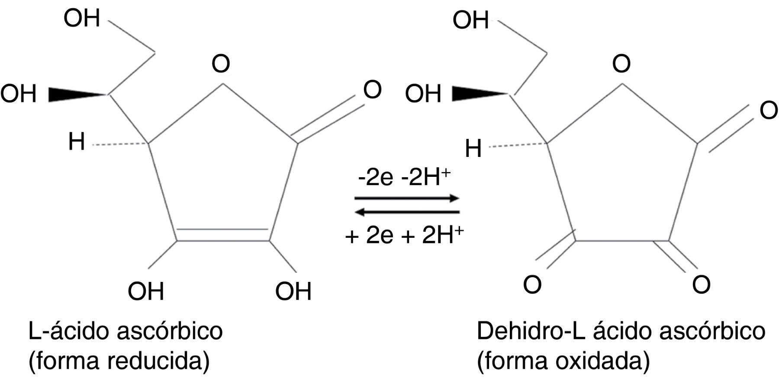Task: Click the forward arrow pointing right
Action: pyautogui.click(x=407, y=198)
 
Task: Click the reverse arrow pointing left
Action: pyautogui.click(x=407, y=212)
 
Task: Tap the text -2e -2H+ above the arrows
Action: pyautogui.click(x=404, y=178)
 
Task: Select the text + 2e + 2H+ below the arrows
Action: pyautogui.click(x=404, y=236)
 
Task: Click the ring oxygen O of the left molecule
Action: pyautogui.click(x=221, y=64)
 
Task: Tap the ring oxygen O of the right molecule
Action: pyautogui.click(x=621, y=64)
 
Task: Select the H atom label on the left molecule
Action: pyautogui.click(x=77, y=142)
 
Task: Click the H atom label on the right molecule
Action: pyautogui.click(x=473, y=149)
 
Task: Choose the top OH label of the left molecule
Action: pyautogui.click(x=82, y=19)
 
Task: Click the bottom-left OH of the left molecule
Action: pyautogui.click(x=146, y=291)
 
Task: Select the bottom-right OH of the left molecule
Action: pyautogui.click(x=293, y=291)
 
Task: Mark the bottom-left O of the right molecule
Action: pyautogui.click(x=532, y=285)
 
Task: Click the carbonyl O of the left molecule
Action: pyautogui.click(x=372, y=90)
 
